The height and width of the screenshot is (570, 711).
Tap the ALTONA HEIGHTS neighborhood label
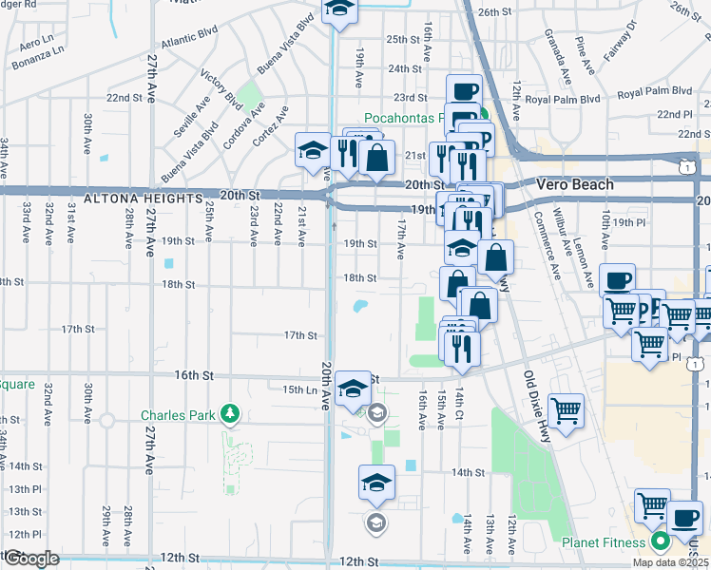(143, 199)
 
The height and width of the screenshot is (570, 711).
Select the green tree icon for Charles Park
(229, 414)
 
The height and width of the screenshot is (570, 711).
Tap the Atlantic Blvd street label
(189, 43)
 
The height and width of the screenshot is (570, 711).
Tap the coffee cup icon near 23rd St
(465, 92)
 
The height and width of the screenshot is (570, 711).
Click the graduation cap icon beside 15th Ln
(353, 387)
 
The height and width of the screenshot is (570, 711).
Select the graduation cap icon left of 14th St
(377, 482)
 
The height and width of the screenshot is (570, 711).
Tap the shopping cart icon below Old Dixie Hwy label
(566, 410)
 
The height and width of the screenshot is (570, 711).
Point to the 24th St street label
(404, 68)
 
